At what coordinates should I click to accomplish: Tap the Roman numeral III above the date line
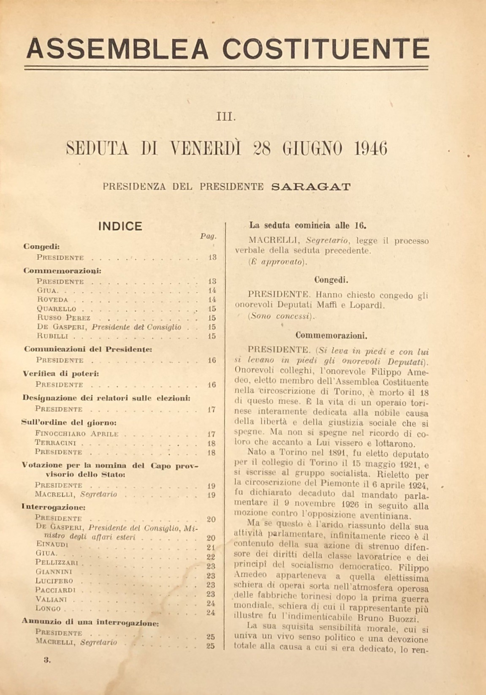[x=226, y=115]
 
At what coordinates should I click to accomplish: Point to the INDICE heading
[x=120, y=226]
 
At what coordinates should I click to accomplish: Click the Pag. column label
[x=208, y=236]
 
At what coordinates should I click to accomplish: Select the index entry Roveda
[x=52, y=299]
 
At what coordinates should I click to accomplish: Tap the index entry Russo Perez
[x=63, y=318]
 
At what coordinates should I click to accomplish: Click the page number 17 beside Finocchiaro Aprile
[x=211, y=434]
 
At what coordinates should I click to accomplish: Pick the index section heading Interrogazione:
[x=54, y=506]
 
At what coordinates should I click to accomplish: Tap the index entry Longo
[x=48, y=608]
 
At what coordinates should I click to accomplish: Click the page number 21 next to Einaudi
[x=211, y=547]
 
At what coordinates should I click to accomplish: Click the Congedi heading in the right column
[x=331, y=280]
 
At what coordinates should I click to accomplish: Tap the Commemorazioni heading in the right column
[x=331, y=336]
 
